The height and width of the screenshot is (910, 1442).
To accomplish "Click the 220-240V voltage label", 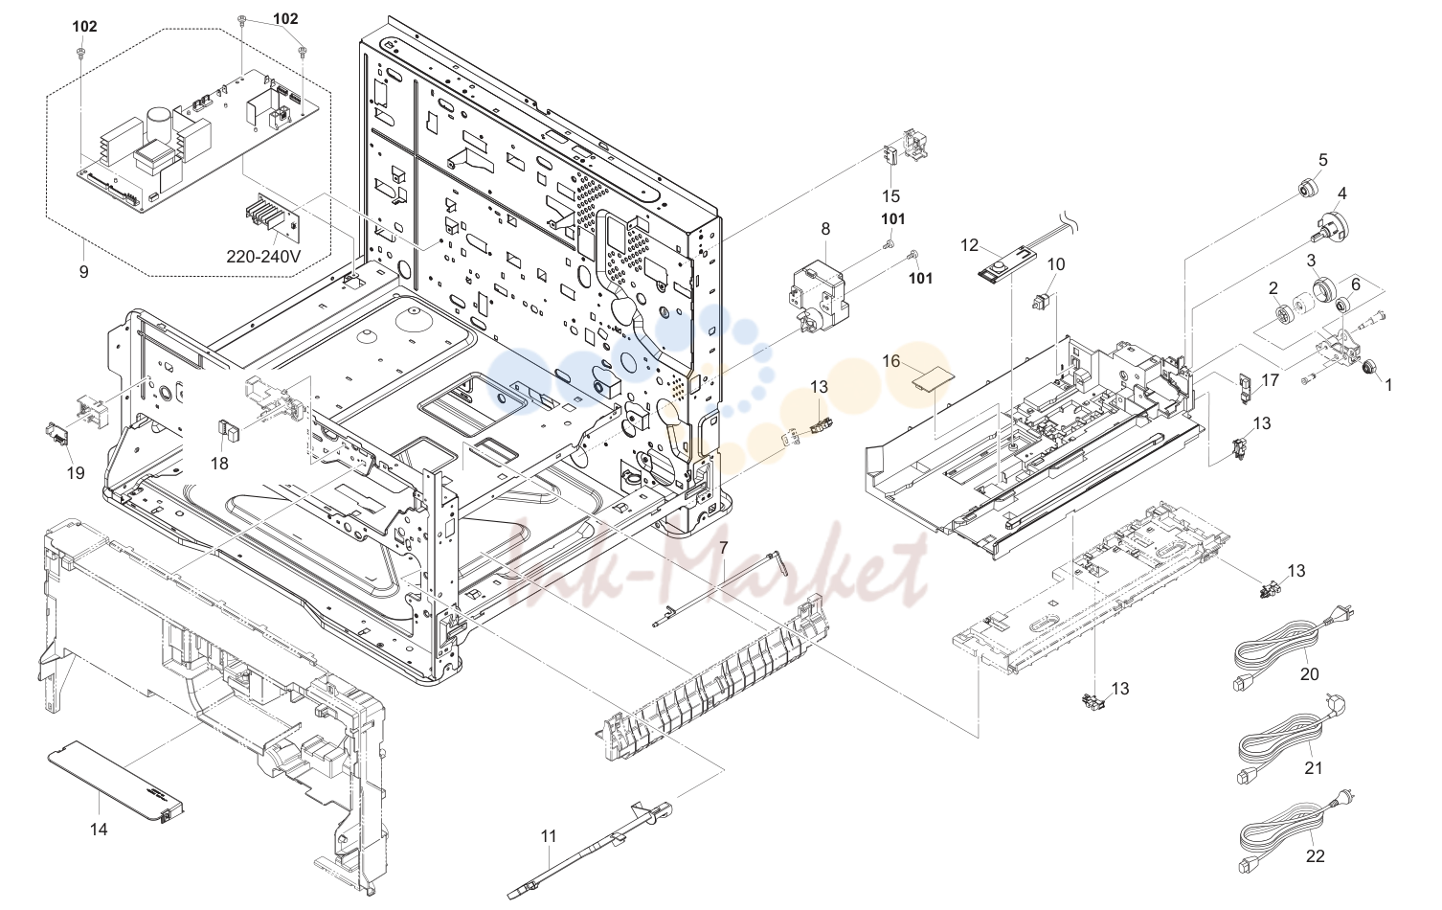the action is (x=262, y=257).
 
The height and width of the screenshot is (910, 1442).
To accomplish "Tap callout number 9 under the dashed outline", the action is (x=83, y=272).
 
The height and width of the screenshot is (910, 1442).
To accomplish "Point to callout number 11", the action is (x=548, y=836).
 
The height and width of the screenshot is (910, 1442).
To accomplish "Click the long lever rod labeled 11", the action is (x=591, y=849).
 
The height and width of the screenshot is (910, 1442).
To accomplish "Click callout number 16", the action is (x=890, y=361).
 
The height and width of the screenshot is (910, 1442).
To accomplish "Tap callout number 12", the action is (x=969, y=245).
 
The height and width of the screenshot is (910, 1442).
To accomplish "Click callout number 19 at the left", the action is (x=76, y=473).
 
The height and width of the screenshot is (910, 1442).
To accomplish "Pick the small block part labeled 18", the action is (x=227, y=428).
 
